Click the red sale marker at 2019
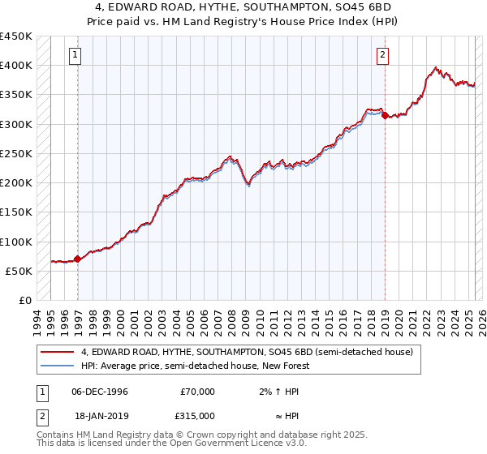385,115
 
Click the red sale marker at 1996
78,259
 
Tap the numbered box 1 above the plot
75,55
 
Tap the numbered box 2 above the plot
381,55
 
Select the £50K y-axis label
19,271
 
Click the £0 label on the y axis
25,300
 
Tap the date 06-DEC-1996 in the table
100,392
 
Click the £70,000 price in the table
197,392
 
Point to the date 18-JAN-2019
100,415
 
